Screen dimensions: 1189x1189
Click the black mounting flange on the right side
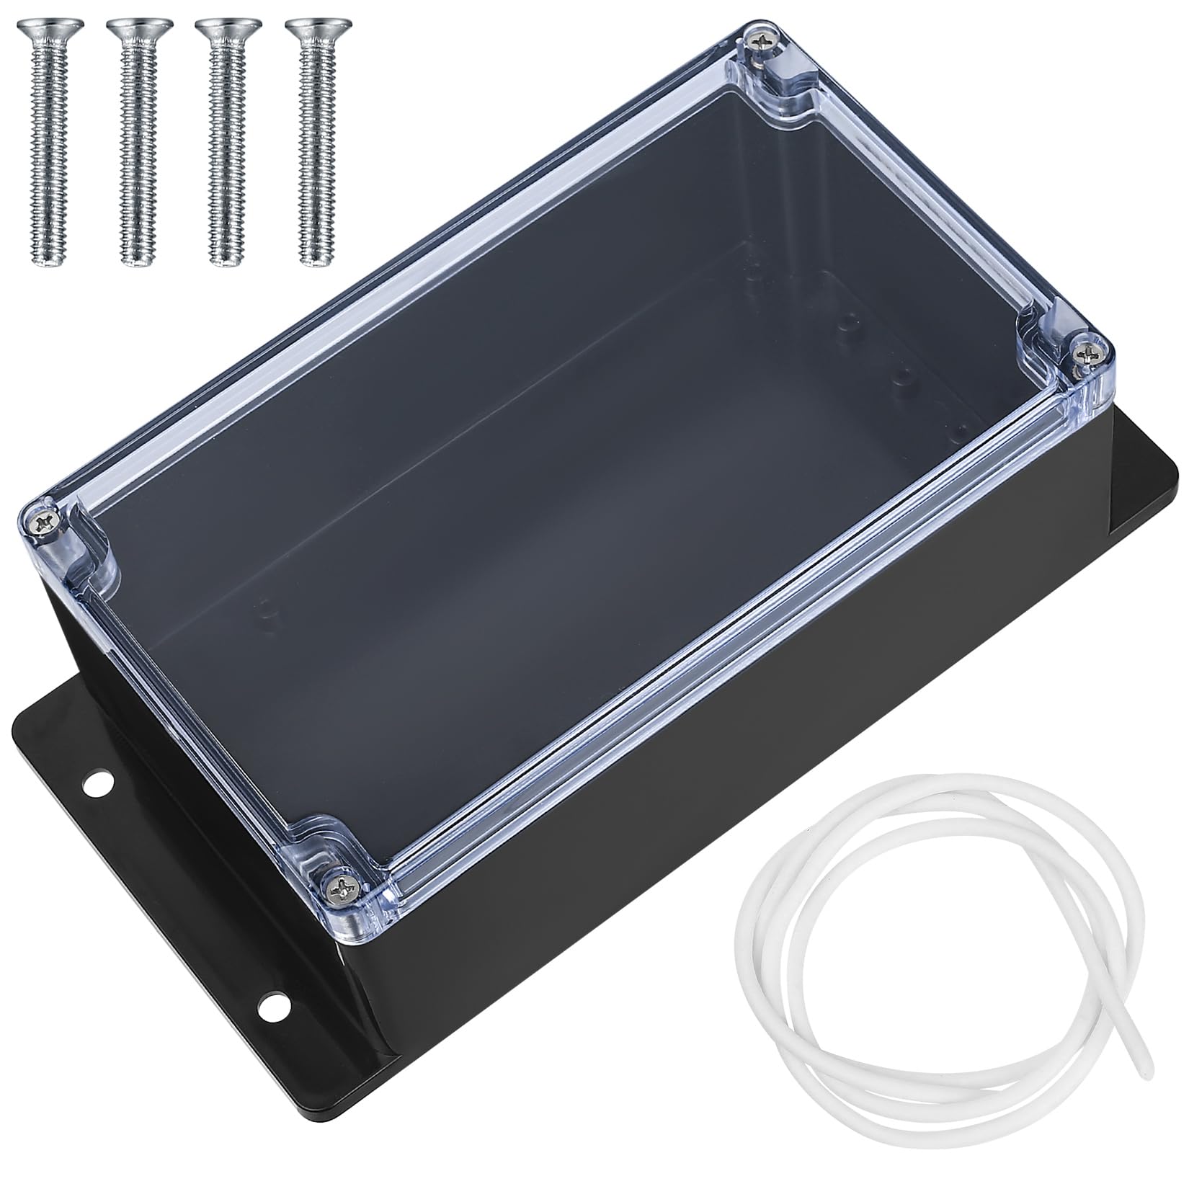1146,497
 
